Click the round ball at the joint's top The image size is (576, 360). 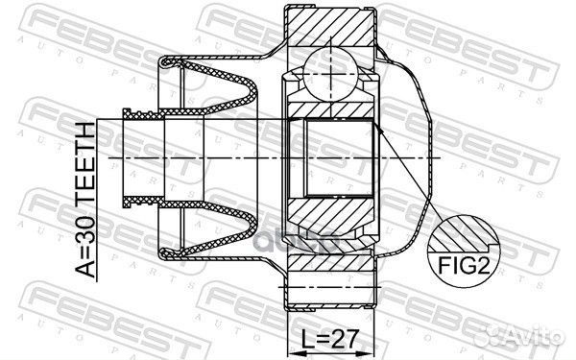pos(328,76)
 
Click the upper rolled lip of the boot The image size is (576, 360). pos(168,63)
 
